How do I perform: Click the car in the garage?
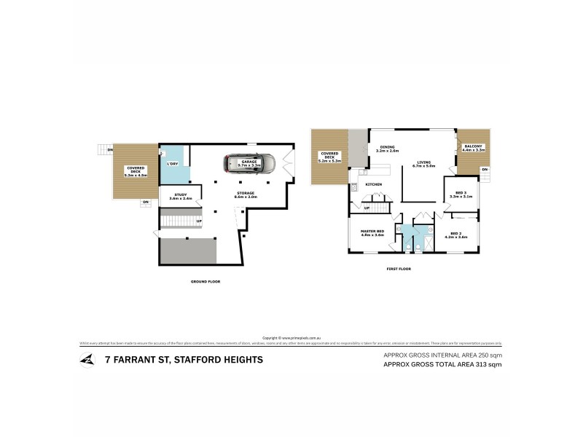tap(249, 164)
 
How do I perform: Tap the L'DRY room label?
tap(173, 164)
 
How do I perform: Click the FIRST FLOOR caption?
tap(399, 269)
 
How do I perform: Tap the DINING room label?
tap(388, 149)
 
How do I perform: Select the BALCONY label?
tap(472, 148)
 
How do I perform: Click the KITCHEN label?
tap(374, 185)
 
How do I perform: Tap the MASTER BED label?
tap(372, 233)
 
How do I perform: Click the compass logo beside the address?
tap(87, 359)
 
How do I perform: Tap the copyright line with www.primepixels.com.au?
tap(291, 337)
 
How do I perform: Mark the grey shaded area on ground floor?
tap(188, 251)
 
